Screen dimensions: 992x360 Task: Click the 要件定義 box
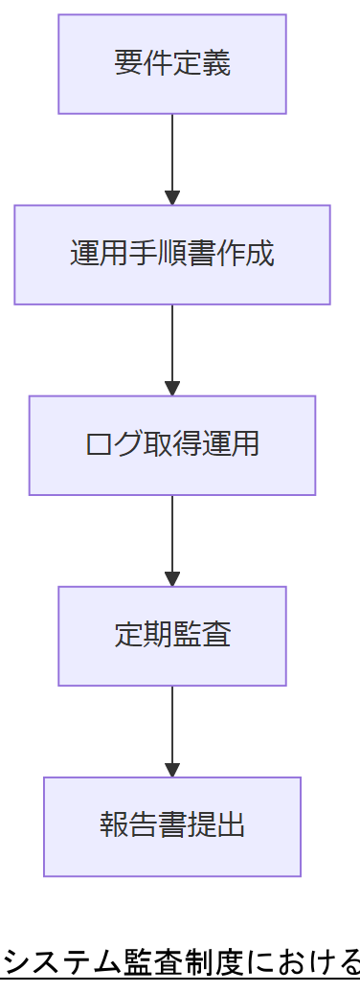pyautogui.click(x=172, y=64)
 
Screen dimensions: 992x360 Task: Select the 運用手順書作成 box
pyautogui.click(x=172, y=255)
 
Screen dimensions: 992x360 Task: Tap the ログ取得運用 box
pyautogui.click(x=172, y=445)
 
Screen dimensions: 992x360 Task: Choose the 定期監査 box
pyautogui.click(x=172, y=636)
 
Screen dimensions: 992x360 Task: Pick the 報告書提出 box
pyautogui.click(x=172, y=826)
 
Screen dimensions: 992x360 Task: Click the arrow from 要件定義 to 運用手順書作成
pyautogui.click(x=172, y=153)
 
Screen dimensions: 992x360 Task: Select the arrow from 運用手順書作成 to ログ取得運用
pyautogui.click(x=172, y=345)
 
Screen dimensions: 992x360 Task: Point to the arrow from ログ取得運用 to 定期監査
pyautogui.click(x=172, y=535)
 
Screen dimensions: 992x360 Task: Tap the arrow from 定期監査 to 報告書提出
pyautogui.click(x=172, y=726)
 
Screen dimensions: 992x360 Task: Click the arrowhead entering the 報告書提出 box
pyautogui.click(x=172, y=770)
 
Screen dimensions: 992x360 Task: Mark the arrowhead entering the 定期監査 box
pyautogui.click(x=172, y=579)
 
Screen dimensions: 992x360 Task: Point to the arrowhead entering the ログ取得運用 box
pyautogui.click(x=172, y=389)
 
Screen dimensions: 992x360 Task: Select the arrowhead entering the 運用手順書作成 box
pyautogui.click(x=172, y=198)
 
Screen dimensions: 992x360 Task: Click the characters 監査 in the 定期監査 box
pyautogui.click(x=201, y=636)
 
